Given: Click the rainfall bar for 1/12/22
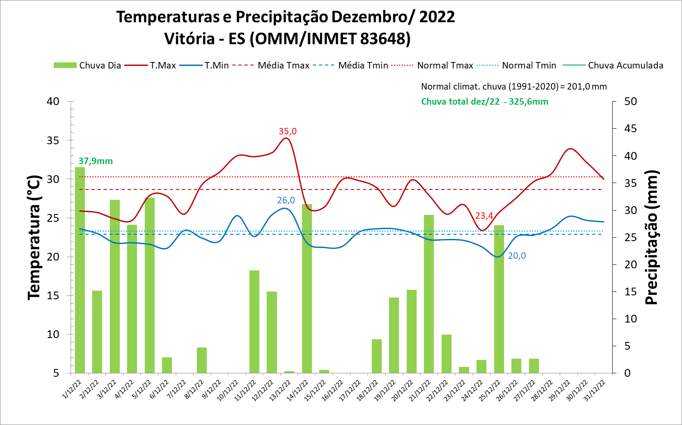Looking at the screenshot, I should click(80, 270).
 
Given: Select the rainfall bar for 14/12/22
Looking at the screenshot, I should click(307, 289).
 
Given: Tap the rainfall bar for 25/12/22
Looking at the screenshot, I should click(499, 299).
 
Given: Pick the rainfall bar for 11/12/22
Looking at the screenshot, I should click(254, 322).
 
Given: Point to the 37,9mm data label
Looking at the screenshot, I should click(95, 161).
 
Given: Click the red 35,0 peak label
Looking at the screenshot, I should click(287, 131).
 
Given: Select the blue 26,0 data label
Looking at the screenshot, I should click(286, 200).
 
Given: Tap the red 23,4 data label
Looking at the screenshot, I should click(484, 216).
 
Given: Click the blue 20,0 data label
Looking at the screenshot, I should click(517, 256).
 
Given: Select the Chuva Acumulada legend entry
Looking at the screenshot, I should click(625, 65).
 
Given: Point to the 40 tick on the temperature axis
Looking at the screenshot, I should click(53, 102).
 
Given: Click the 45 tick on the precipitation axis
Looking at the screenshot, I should click(630, 129).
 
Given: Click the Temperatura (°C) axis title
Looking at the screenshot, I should click(34, 237).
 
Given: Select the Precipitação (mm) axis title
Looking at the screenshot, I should click(651, 237).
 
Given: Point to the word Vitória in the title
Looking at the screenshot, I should click(189, 39).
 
